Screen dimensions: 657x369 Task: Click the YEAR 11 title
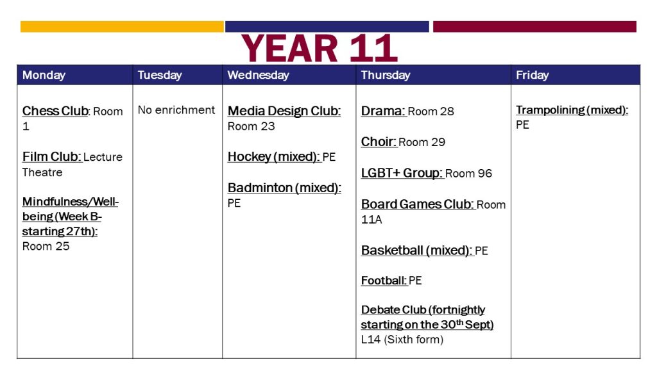click(x=320, y=49)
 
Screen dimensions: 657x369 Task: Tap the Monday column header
click(x=44, y=76)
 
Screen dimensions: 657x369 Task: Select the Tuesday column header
click(x=160, y=76)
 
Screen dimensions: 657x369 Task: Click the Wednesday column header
click(x=258, y=76)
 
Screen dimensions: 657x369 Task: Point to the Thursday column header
click(x=386, y=76)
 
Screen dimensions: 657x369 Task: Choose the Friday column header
click(x=532, y=76)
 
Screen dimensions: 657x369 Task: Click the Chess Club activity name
click(x=56, y=111)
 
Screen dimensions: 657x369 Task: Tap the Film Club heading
click(x=51, y=157)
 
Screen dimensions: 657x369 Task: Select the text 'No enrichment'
click(x=176, y=110)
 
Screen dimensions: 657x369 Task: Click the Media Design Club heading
click(x=284, y=111)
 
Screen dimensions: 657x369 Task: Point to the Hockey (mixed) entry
click(x=273, y=157)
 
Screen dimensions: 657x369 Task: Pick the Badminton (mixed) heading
click(x=284, y=188)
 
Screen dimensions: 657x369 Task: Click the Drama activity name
click(x=383, y=111)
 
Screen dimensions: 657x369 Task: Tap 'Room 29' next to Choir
click(x=422, y=142)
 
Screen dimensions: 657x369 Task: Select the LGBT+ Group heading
click(x=402, y=173)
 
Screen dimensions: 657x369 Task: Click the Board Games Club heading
click(x=418, y=204)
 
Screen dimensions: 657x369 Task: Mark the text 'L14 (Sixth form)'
click(x=402, y=340)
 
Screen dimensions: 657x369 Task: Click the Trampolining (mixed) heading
click(x=572, y=110)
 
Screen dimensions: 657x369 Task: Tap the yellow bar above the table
click(x=122, y=27)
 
